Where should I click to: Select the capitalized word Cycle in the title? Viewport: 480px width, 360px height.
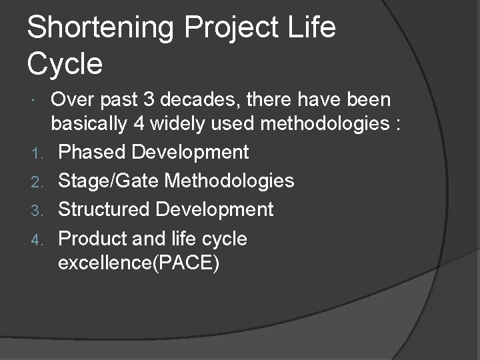(x=65, y=64)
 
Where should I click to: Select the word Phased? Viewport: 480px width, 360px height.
(x=91, y=152)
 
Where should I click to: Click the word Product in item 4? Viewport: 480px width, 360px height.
(x=94, y=238)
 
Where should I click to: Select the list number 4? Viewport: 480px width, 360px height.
(x=37, y=239)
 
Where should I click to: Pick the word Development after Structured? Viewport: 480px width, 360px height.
(x=215, y=209)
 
